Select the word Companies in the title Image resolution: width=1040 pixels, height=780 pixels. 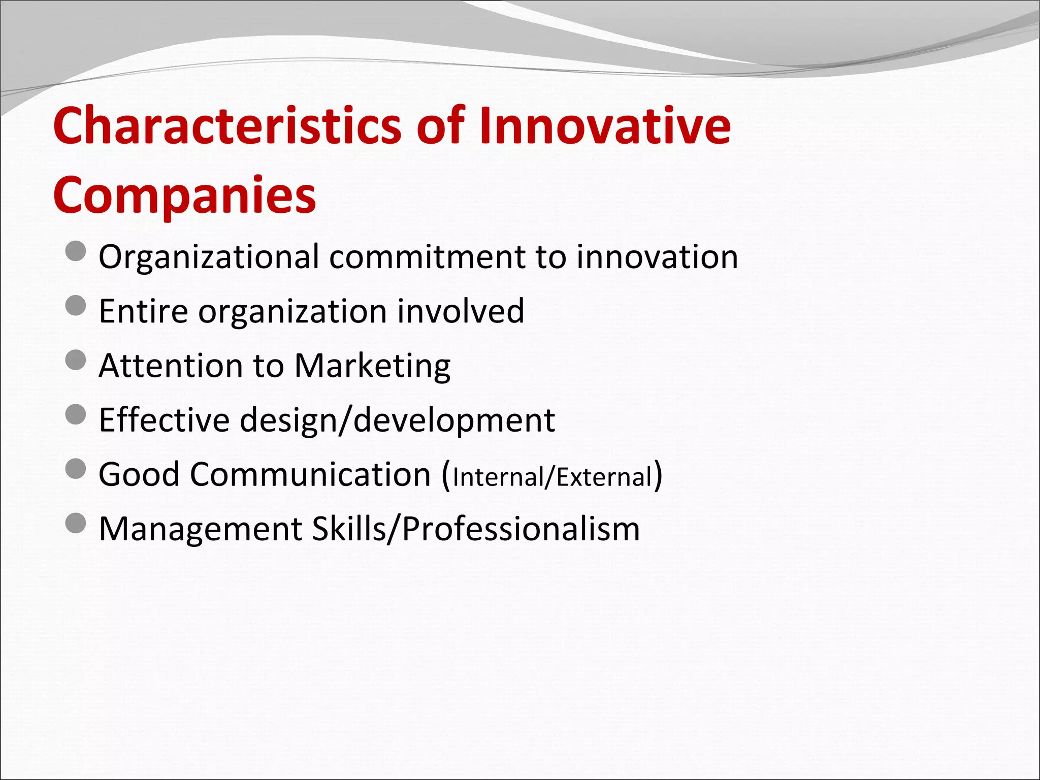coord(184,196)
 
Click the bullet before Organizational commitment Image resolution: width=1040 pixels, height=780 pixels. coord(76,251)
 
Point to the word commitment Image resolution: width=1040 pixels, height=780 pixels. coord(427,257)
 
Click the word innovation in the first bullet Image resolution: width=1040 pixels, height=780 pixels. coord(657,257)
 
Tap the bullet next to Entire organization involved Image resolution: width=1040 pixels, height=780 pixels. coord(76,306)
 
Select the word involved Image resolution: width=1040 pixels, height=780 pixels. coord(460,311)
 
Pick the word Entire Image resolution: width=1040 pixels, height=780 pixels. coord(143,311)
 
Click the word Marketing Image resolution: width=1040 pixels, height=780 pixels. coord(372,366)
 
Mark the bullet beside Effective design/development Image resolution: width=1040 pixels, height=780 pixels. coord(76,414)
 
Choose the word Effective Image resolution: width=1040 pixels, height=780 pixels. coord(164,420)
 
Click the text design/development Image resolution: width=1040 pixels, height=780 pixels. coord(397,420)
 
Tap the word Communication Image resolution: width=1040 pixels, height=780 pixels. coord(310,475)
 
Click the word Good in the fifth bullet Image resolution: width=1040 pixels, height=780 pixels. coord(139,475)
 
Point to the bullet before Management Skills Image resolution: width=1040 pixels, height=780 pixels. coord(76,523)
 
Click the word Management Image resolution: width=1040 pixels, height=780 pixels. coord(200,529)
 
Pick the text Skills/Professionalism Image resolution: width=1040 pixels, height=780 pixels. coord(475,529)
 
